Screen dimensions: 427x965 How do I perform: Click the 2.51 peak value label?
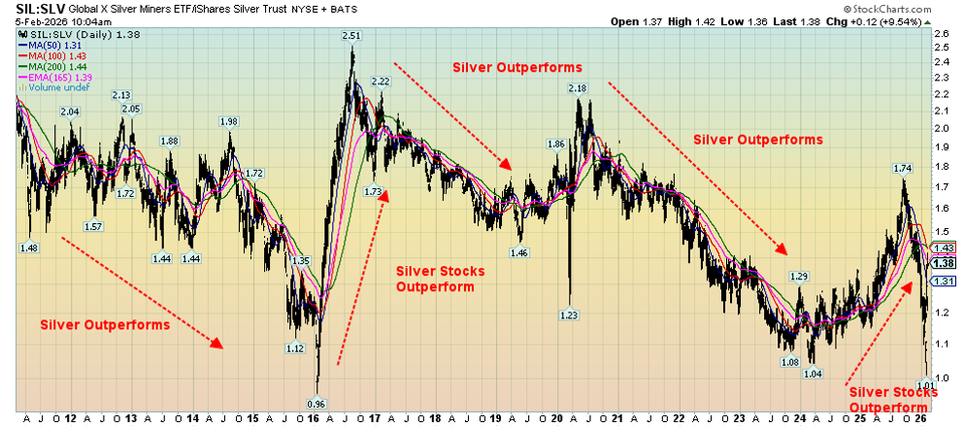point(351,36)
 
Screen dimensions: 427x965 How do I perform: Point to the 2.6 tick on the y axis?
point(940,33)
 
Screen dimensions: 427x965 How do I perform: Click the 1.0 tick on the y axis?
point(940,378)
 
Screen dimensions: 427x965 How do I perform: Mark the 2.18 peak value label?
point(578,88)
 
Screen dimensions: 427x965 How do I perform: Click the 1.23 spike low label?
point(569,314)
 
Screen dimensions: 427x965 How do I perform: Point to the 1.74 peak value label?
point(903,168)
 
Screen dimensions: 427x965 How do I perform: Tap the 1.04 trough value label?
point(814,374)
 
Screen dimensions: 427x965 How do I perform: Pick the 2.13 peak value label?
point(121,95)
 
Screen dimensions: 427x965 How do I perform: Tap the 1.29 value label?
point(798,277)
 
